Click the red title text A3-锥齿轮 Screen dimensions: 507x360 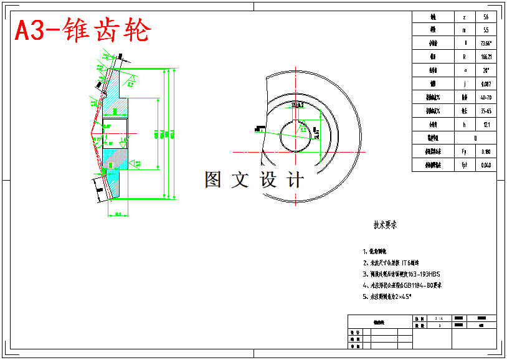83,31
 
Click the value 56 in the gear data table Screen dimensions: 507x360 485,17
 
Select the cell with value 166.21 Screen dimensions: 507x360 485,57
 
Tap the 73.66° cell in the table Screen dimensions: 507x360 485,44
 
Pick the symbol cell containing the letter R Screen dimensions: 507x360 465,57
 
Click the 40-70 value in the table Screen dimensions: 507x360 485,98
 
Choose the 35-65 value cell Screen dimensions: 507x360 485,111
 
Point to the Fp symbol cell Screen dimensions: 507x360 465,151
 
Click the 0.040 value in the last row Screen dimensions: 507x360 485,165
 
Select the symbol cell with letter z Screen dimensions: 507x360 465,17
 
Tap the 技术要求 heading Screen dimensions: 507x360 385,225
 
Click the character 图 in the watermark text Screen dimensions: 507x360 213,179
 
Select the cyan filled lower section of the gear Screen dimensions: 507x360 115,159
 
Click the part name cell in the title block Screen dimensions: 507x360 379,322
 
